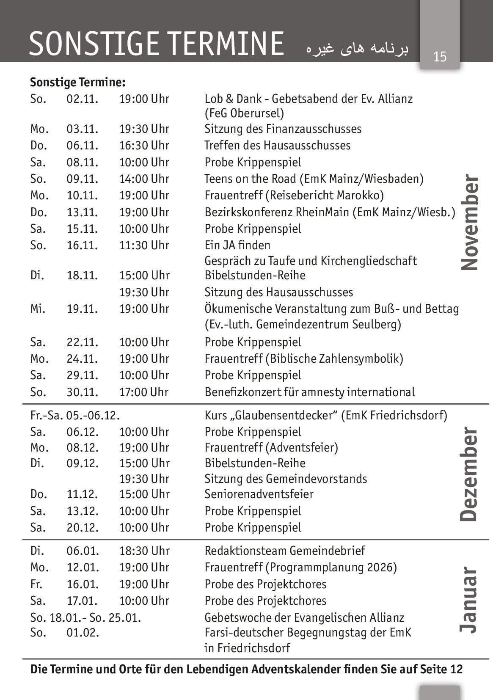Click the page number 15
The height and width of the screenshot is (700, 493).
tap(440, 56)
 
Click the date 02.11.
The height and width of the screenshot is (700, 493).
tap(83, 99)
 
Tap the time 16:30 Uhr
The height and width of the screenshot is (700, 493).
tap(144, 146)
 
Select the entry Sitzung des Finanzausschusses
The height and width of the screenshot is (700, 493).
tap(283, 129)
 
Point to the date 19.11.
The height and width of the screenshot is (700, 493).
tap(83, 309)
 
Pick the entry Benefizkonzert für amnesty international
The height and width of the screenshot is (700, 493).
tap(309, 392)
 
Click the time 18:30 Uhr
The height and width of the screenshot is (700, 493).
tap(144, 551)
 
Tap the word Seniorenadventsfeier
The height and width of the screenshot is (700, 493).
tap(259, 494)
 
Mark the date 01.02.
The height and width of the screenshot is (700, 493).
tap(83, 633)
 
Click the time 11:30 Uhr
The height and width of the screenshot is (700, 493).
tap(144, 245)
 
